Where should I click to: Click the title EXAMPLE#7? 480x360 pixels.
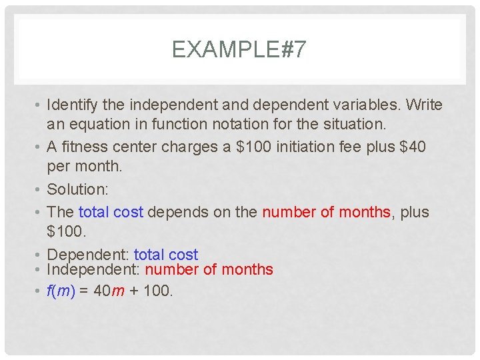click(x=239, y=50)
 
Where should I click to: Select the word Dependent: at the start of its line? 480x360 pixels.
click(x=88, y=255)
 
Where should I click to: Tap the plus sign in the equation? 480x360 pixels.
click(x=134, y=291)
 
